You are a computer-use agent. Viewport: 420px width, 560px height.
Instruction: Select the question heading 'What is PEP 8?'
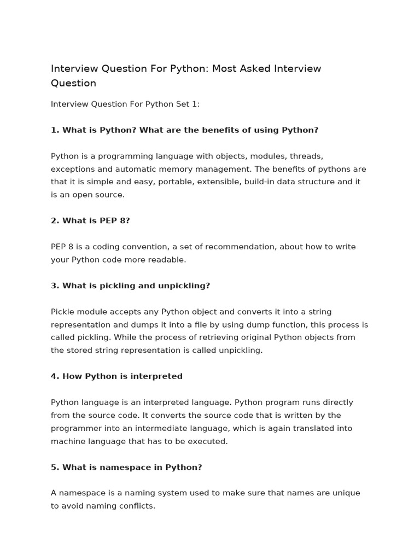tap(96, 220)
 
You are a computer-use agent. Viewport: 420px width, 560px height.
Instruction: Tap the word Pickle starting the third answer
tap(63, 312)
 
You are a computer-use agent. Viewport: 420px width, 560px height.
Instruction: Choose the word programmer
tap(75, 428)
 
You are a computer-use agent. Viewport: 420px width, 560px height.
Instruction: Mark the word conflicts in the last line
tap(136, 506)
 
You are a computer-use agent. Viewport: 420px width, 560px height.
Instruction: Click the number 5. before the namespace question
tap(55, 467)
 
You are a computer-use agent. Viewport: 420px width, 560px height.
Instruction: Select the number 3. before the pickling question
tap(55, 285)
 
